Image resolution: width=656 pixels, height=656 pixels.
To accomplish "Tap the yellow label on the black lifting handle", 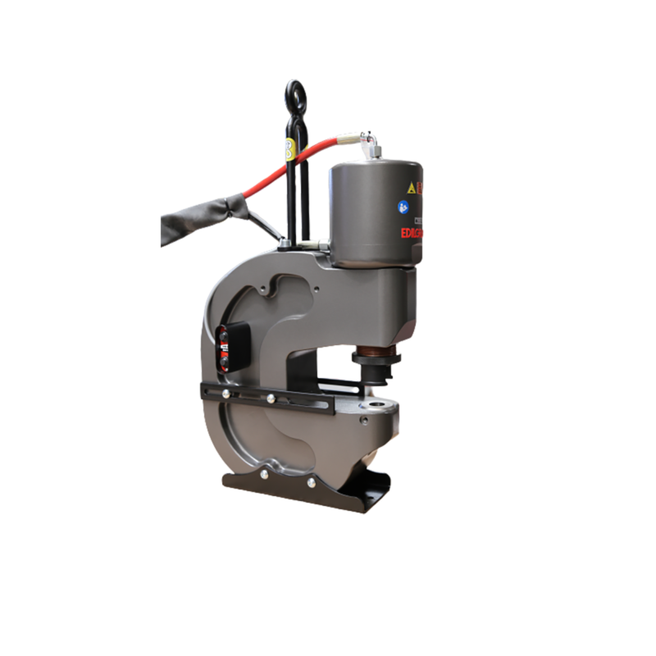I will [x=289, y=148].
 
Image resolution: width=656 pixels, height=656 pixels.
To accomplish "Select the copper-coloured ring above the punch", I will [x=376, y=358].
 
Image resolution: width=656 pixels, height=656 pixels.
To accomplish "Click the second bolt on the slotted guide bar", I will [x=270, y=399].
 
